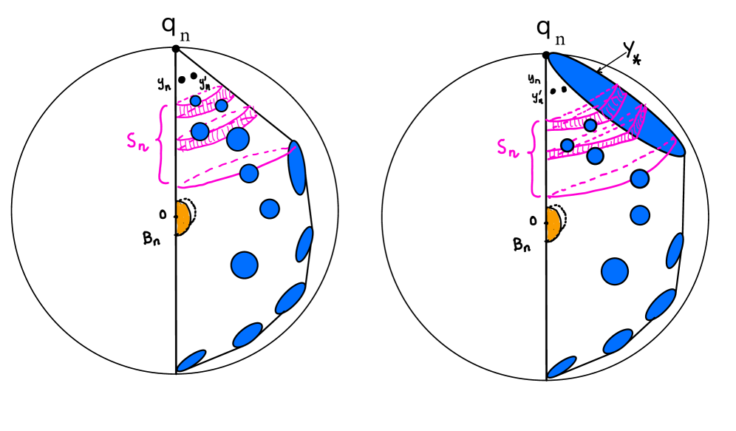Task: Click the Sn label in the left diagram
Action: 137,141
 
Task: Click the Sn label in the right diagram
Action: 507,148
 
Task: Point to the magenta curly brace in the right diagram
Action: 533,159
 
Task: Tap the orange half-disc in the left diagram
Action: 182,218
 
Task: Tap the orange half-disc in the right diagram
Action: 553,224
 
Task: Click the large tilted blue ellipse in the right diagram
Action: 616,104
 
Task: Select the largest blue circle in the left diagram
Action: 244,265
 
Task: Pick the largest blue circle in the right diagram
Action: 614,271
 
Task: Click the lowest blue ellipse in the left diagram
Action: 191,361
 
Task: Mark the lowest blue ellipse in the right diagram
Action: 562,367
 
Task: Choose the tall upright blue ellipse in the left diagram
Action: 296,168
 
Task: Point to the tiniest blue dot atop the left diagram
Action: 195,101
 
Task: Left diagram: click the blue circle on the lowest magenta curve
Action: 249,174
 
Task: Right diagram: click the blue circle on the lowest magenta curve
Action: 639,179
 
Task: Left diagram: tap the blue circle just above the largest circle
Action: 270,209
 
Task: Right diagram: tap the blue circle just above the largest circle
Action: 640,215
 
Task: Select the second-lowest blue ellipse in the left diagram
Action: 248,335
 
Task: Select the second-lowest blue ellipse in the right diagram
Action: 618,342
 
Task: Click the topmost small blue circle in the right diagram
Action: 590,126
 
